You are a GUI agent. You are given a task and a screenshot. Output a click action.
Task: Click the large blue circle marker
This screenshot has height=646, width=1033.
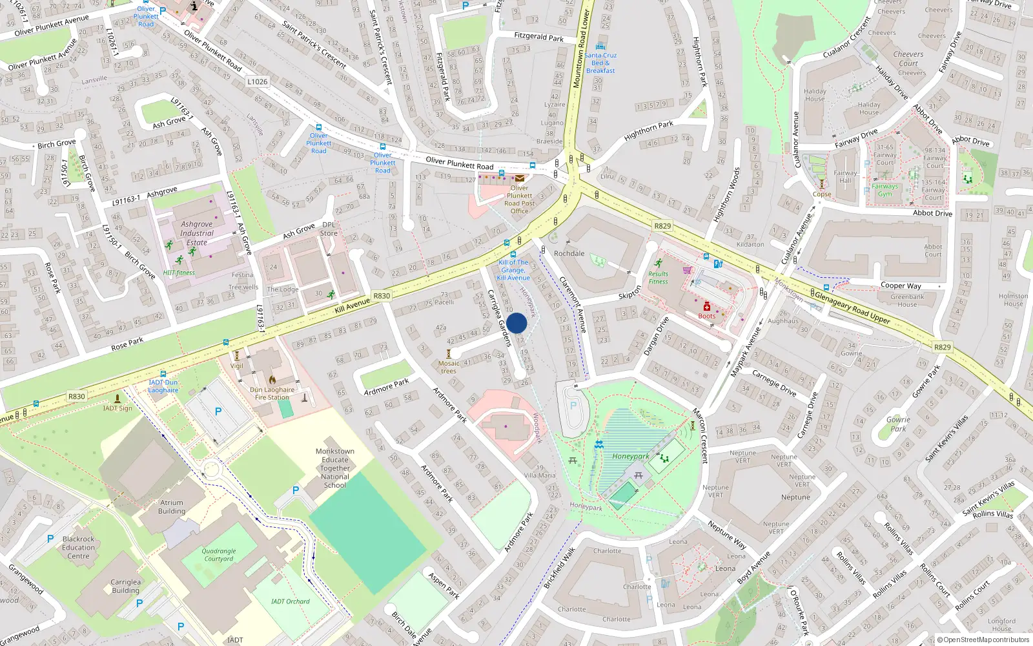(x=516, y=323)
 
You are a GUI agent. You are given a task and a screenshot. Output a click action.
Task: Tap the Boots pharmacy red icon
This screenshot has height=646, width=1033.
(x=707, y=307)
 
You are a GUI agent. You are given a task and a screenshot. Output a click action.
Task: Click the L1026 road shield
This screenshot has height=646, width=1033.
(x=257, y=81)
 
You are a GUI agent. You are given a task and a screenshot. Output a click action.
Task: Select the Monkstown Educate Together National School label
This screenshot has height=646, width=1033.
(x=334, y=468)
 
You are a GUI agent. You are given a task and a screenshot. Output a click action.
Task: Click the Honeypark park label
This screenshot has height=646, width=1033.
(x=630, y=456)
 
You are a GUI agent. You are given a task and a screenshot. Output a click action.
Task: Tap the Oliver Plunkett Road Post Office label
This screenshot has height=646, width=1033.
(x=519, y=200)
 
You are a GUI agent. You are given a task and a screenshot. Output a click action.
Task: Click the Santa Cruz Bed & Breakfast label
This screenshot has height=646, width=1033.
(x=600, y=63)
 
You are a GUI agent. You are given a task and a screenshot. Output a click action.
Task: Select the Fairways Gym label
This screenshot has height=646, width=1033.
(x=885, y=190)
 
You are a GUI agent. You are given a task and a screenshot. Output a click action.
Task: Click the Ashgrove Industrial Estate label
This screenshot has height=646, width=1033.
(x=196, y=233)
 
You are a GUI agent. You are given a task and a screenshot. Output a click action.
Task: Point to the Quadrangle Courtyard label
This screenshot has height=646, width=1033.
(x=218, y=555)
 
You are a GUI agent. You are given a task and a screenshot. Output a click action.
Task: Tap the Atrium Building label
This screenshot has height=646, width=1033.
(x=172, y=506)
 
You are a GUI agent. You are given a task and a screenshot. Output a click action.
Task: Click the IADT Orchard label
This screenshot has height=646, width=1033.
(x=290, y=601)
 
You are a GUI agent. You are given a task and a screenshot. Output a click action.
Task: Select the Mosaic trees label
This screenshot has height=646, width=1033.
(x=449, y=367)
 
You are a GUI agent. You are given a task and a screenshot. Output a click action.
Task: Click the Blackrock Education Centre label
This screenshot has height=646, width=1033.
(x=78, y=547)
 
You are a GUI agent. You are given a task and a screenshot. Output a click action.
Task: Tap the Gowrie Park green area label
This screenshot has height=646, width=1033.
(x=897, y=424)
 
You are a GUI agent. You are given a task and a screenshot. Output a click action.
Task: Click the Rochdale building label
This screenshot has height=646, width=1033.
(x=569, y=253)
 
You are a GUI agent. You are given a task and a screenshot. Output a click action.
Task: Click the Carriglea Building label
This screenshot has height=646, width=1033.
(x=125, y=586)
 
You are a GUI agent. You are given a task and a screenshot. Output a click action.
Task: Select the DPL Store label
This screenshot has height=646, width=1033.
(x=328, y=229)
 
